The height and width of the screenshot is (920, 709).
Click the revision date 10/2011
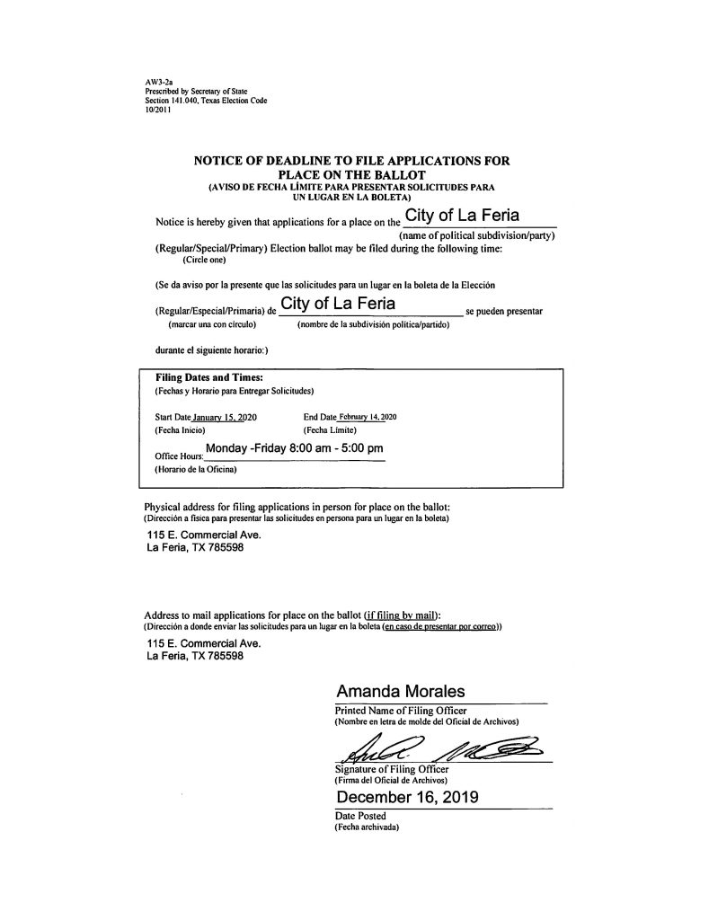click(x=144, y=110)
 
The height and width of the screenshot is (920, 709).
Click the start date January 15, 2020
click(x=213, y=417)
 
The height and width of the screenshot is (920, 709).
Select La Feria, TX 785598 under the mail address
click(x=193, y=656)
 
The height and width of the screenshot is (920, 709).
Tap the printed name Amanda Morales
click(x=401, y=692)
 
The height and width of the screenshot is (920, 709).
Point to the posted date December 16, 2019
click(x=407, y=798)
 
